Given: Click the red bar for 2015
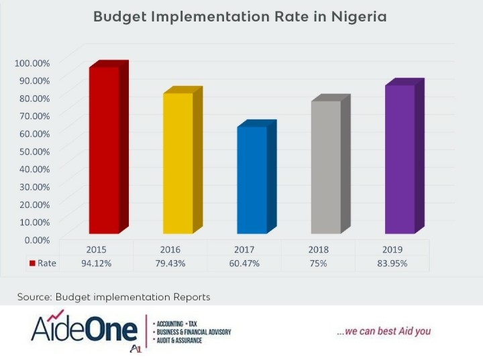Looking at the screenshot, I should [104, 150].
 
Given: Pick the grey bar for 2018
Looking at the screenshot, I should [325, 167].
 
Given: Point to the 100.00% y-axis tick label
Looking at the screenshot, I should [32, 63].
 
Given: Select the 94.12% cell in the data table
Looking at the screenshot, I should [97, 263].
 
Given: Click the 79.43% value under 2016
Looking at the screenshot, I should [170, 263].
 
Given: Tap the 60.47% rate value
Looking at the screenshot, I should [244, 263].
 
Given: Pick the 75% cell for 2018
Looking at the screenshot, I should [318, 263].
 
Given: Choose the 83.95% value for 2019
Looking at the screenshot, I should [392, 263].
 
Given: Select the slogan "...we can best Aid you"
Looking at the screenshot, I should [384, 331].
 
